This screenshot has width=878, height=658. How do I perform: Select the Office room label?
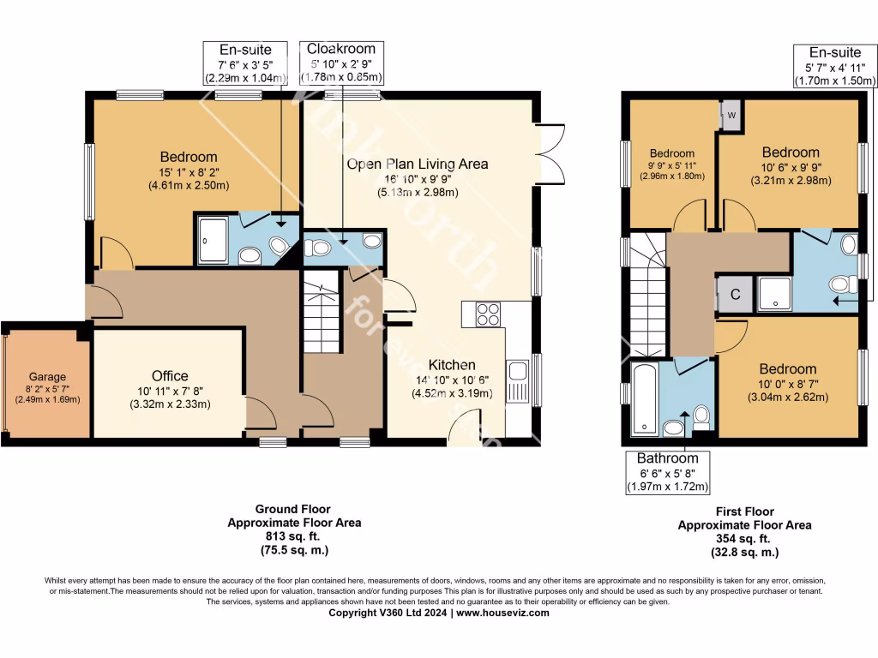(170, 376)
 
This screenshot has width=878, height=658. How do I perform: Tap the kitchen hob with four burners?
(487, 314)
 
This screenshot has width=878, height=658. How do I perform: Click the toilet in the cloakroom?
(317, 248)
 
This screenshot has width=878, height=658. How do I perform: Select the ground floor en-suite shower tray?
(213, 239)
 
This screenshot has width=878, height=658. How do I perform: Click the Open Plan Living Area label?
(418, 164)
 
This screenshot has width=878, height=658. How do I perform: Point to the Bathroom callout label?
(667, 458)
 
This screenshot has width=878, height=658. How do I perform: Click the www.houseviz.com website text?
(502, 613)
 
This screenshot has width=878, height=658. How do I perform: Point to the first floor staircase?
(648, 300)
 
